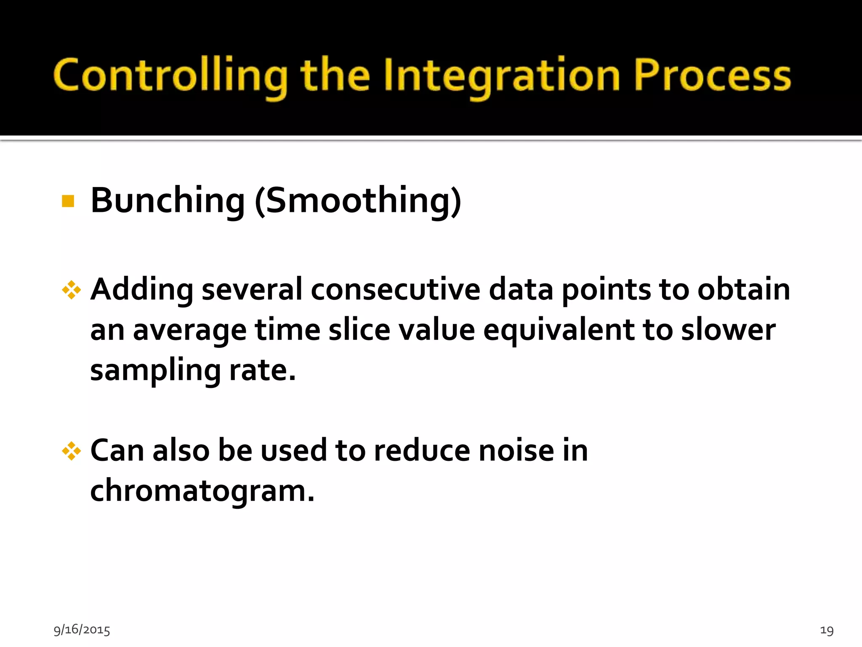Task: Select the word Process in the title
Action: click(x=712, y=75)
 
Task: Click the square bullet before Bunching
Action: click(x=68, y=201)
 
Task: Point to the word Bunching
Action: click(x=168, y=200)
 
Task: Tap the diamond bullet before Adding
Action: click(x=71, y=290)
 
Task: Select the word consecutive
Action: click(x=395, y=289)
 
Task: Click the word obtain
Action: click(x=744, y=289)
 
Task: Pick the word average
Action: click(x=189, y=330)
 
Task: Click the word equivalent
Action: click(x=559, y=330)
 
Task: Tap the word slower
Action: click(x=728, y=329)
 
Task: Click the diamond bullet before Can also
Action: click(x=71, y=451)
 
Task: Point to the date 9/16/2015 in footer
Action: click(x=82, y=629)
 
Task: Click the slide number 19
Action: click(x=827, y=630)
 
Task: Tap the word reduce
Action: click(x=422, y=450)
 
